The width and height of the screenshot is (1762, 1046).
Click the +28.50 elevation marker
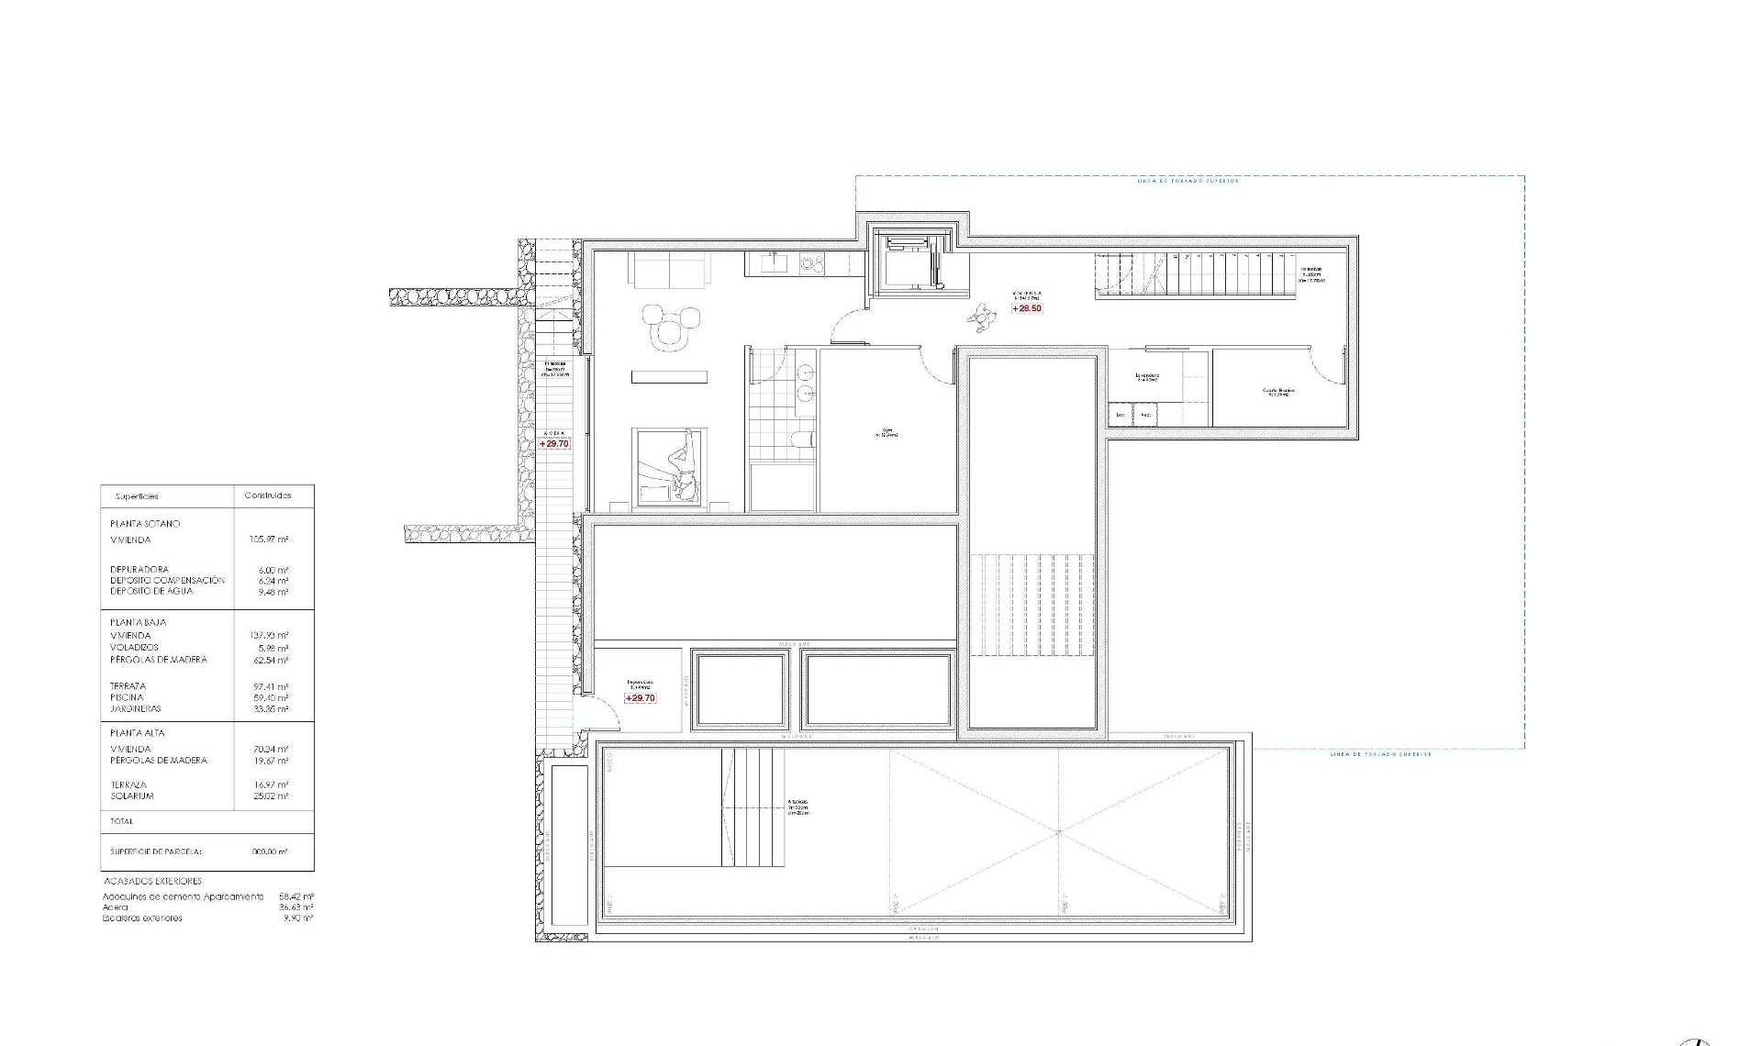coord(1027,308)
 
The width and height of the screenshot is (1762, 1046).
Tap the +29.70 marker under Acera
coord(554,444)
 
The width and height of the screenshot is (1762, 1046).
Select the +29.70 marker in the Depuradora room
coord(641,698)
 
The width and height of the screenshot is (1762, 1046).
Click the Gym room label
coord(887,433)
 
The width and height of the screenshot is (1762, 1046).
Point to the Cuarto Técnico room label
coord(1277,392)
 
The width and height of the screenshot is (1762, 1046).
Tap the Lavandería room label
coord(1147,376)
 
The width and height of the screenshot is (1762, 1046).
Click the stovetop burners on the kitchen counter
coord(811,264)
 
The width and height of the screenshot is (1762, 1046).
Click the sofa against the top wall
coord(669,269)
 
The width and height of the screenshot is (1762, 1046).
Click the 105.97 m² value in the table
coord(269,540)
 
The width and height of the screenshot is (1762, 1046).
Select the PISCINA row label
coord(127,697)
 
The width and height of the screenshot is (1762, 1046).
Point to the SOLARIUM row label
coord(132,796)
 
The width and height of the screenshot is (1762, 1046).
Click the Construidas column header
coord(268,495)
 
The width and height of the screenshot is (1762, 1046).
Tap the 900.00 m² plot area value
coord(270,851)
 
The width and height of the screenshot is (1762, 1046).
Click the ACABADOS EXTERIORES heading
coord(152,881)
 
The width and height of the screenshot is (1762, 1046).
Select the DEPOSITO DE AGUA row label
coord(151,592)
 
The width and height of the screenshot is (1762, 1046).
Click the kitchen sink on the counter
coord(771,264)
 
